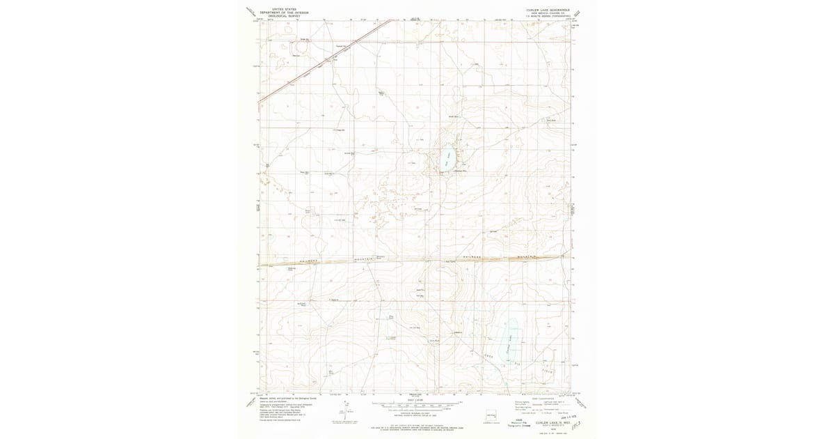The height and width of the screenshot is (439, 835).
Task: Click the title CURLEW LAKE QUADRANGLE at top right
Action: point(548,10)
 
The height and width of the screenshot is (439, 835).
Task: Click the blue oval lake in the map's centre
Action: point(449,160)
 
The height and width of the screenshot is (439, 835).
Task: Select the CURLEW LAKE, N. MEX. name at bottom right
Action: point(548,421)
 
